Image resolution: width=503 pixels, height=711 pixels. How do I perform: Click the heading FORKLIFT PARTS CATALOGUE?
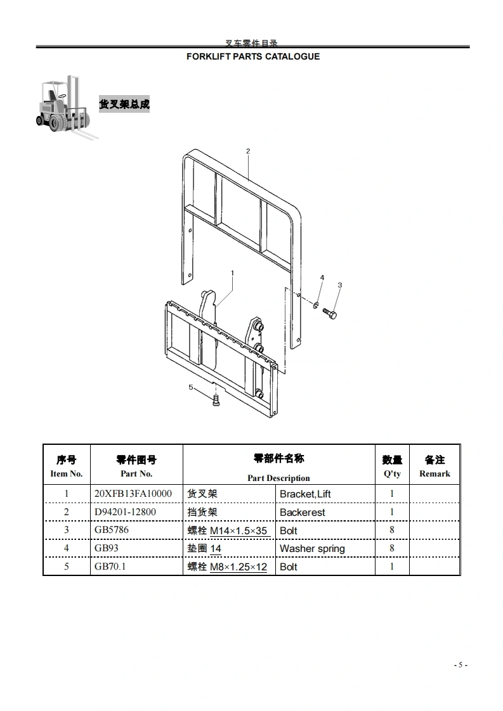252,56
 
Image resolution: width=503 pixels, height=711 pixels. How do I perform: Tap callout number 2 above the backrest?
248,151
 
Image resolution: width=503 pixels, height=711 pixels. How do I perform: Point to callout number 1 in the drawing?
233,273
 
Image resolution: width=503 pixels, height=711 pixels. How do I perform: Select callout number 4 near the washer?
322,278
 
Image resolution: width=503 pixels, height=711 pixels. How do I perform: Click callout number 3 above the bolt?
339,285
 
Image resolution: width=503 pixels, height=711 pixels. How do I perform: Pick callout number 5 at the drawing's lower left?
190,387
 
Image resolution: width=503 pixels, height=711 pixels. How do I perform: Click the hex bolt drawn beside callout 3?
330,313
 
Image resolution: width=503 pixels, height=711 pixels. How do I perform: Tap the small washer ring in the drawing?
315,307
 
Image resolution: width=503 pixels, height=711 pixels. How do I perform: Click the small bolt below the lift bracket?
216,400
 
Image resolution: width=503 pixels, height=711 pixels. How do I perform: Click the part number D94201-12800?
125,511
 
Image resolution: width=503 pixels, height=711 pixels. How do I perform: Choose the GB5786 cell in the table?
112,530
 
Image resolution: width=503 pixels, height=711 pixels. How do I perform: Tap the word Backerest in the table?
302,512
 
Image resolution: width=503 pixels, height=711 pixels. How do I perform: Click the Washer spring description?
312,549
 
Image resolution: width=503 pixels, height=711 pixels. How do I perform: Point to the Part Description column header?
278,478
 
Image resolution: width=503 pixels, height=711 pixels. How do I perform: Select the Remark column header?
434,473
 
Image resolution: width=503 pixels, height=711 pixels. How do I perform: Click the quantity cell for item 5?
392,566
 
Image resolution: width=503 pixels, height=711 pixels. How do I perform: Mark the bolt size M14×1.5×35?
238,530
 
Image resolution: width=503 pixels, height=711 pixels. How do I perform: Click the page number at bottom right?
461,665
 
